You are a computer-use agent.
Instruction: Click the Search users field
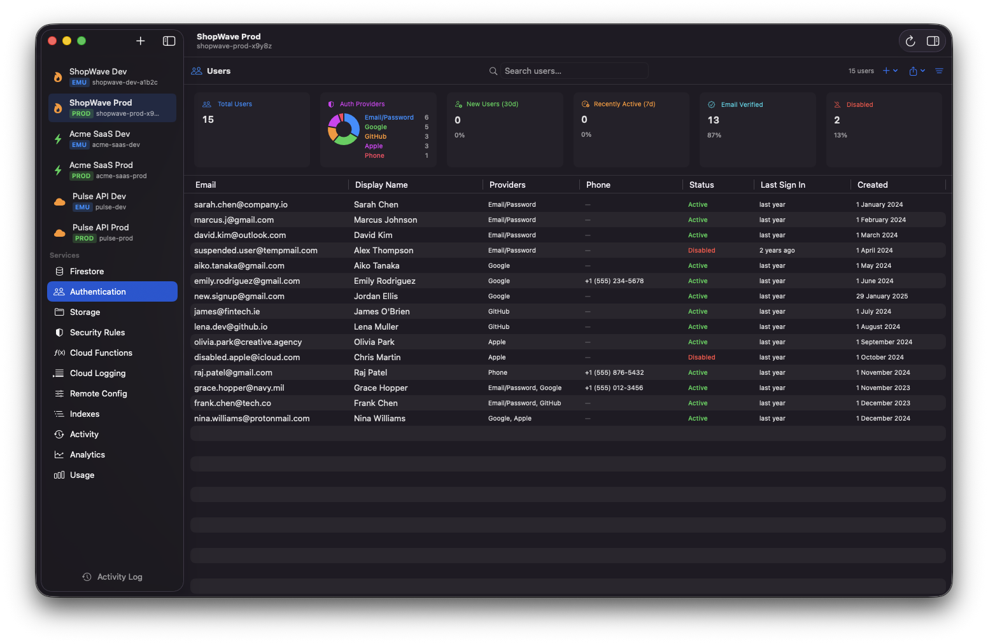pyautogui.click(x=573, y=71)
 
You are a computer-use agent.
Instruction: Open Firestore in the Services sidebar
pyautogui.click(x=87, y=271)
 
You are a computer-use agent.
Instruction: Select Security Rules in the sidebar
pyautogui.click(x=97, y=332)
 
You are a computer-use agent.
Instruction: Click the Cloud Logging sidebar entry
pyautogui.click(x=97, y=373)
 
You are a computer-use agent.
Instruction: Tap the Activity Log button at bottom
pyautogui.click(x=113, y=577)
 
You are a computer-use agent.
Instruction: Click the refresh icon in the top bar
pyautogui.click(x=910, y=41)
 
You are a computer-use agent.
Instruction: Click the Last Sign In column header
pyautogui.click(x=782, y=185)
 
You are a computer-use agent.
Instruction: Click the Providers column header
pyautogui.click(x=507, y=185)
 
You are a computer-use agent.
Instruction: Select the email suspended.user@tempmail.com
pyautogui.click(x=255, y=250)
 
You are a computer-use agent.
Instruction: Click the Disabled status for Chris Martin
pyautogui.click(x=702, y=357)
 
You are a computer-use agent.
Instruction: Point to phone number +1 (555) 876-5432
pyautogui.click(x=614, y=372)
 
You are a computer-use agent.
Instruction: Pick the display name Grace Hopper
pyautogui.click(x=381, y=388)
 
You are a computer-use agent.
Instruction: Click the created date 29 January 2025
pyautogui.click(x=882, y=296)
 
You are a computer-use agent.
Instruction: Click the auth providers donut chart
pyautogui.click(x=344, y=129)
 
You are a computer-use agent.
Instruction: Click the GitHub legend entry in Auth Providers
pyautogui.click(x=376, y=136)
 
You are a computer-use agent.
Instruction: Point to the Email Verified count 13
pyautogui.click(x=713, y=120)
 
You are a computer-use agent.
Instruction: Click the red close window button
pyautogui.click(x=52, y=41)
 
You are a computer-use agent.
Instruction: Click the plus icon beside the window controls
pyautogui.click(x=141, y=41)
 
